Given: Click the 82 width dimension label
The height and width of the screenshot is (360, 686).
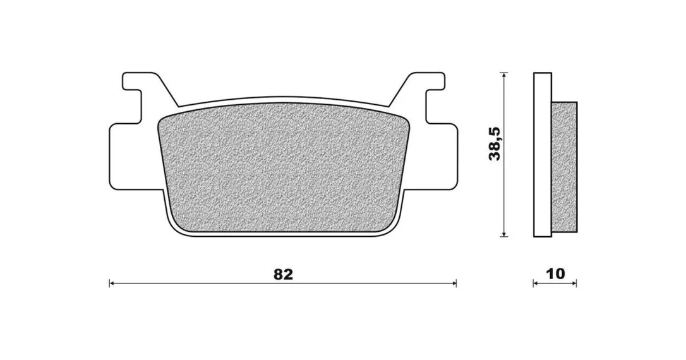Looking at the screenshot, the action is (x=283, y=274).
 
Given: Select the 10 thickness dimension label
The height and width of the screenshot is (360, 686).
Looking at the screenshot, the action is (x=556, y=274).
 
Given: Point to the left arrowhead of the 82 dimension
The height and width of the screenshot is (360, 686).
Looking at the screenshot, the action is (x=112, y=284).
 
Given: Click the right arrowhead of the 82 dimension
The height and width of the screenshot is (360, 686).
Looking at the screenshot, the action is (x=454, y=284).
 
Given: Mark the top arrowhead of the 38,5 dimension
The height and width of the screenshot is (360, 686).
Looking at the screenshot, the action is (x=504, y=75).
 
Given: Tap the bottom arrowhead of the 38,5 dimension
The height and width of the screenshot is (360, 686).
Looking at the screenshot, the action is (x=504, y=234).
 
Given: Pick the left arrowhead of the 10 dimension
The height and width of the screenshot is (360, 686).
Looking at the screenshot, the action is (x=536, y=284).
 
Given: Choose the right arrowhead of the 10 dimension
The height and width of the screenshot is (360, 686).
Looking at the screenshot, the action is (x=574, y=284).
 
